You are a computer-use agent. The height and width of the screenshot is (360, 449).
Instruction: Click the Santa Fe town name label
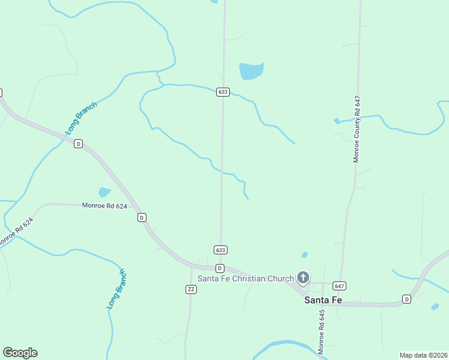tap(323, 300)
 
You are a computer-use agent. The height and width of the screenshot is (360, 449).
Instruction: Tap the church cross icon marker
tap(303, 277)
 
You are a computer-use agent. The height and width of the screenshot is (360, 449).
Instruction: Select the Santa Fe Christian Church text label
tap(246, 278)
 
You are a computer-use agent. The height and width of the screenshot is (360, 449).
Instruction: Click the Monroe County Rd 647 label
tap(357, 129)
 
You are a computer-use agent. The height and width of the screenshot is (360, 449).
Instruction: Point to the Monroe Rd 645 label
tap(321, 331)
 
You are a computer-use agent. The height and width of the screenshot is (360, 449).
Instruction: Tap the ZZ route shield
tap(191, 289)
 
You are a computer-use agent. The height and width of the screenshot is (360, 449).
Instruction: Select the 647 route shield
tap(339, 286)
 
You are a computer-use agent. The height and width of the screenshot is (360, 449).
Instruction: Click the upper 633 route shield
tap(223, 92)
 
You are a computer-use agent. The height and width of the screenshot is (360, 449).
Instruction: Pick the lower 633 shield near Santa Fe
tap(220, 250)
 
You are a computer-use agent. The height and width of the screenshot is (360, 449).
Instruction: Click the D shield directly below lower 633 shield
tap(220, 268)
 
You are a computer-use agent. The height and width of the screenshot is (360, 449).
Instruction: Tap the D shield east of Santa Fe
tap(406, 299)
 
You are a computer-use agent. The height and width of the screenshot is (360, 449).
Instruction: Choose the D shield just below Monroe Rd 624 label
tap(142, 217)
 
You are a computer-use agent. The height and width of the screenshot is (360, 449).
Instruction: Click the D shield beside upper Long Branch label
tap(78, 144)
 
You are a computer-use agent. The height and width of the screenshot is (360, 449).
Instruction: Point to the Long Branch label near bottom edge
tap(116, 289)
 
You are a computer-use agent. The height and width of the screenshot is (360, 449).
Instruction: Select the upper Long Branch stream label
tap(81, 118)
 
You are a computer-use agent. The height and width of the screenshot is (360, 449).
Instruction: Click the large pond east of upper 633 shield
tap(251, 71)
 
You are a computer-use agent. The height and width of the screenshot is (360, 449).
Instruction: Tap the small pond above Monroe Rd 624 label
tap(104, 193)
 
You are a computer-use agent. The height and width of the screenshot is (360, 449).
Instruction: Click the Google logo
tap(20, 353)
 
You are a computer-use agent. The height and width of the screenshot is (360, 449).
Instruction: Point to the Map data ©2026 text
tap(423, 355)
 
